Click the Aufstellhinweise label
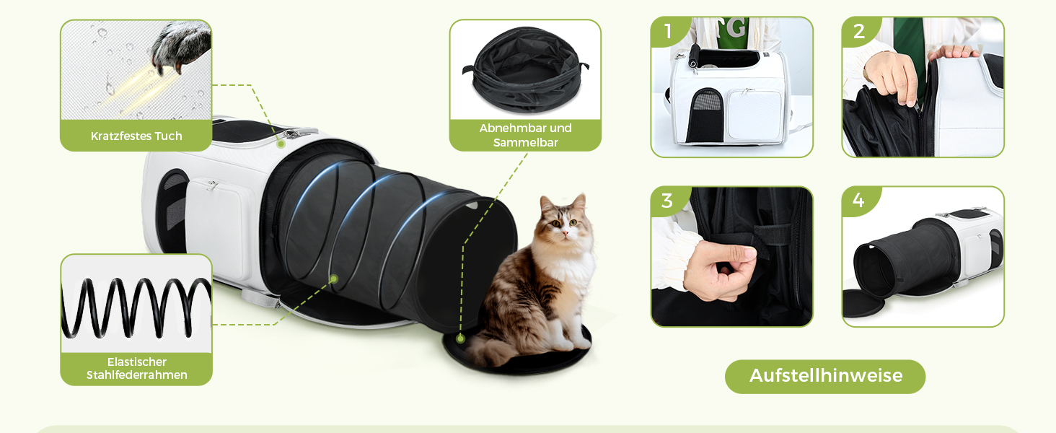(x=825, y=376)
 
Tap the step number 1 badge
(x=669, y=31)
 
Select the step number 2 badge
(x=859, y=31)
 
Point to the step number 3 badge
(x=667, y=201)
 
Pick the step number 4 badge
(x=858, y=201)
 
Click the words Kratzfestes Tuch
(x=136, y=136)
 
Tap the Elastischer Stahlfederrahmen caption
(x=137, y=368)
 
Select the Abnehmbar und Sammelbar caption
(x=525, y=135)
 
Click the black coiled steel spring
(x=136, y=308)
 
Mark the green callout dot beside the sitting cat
(x=461, y=338)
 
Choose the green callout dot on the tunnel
(x=334, y=279)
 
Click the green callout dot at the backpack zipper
(x=281, y=144)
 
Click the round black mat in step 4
(x=863, y=303)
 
